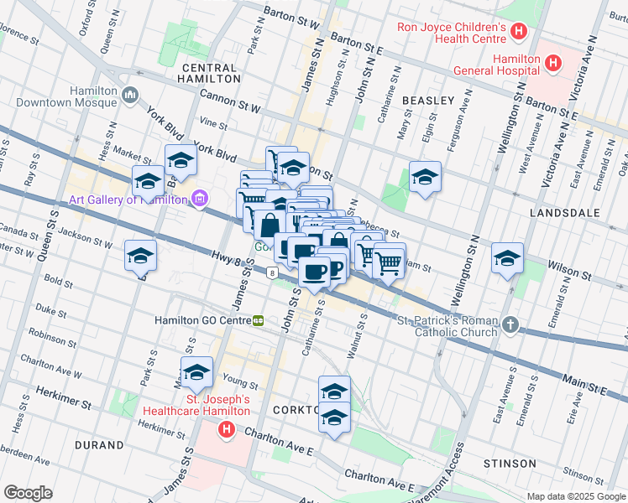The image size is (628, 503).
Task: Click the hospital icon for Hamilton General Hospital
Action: click(x=552, y=63)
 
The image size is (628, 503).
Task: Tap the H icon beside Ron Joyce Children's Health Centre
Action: click(x=519, y=33)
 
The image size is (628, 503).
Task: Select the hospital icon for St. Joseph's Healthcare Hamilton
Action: click(x=226, y=430)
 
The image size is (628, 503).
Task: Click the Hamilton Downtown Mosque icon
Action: click(x=129, y=96)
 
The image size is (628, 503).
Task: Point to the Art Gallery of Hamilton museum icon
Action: click(x=199, y=199)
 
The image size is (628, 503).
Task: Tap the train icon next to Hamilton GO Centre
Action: click(x=259, y=320)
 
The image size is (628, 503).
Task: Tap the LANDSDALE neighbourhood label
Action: click(x=565, y=213)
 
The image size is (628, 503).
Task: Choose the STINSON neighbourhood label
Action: click(x=510, y=464)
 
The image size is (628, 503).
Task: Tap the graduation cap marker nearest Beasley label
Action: click(x=425, y=177)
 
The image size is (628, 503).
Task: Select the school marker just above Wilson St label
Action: click(x=507, y=258)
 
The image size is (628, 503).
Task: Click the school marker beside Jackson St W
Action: click(x=140, y=257)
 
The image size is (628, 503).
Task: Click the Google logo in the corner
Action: click(x=28, y=492)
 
